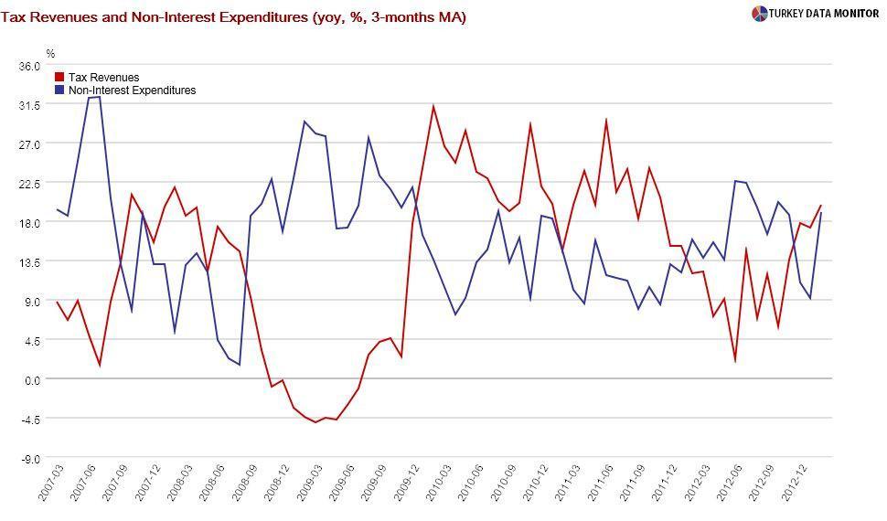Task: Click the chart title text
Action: [234, 16]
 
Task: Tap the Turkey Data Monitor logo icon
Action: [759, 14]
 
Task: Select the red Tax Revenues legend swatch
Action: [60, 78]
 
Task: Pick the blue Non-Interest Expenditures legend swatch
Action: [60, 90]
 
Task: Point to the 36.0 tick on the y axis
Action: [29, 66]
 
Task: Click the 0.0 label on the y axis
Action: [32, 379]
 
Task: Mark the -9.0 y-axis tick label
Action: [30, 458]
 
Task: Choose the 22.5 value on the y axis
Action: [29, 184]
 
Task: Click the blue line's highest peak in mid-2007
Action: [99, 96]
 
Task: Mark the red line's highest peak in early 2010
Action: [433, 106]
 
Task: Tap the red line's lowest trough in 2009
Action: [315, 422]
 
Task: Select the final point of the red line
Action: [821, 206]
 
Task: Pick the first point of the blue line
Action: [57, 209]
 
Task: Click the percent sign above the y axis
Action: [51, 53]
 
